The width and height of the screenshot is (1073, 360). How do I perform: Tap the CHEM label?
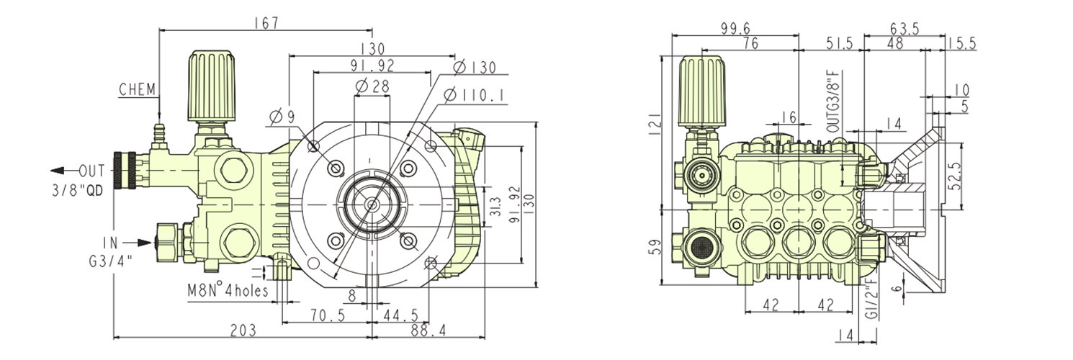pyautogui.click(x=137, y=90)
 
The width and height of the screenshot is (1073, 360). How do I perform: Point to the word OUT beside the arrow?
pyautogui.click(x=91, y=171)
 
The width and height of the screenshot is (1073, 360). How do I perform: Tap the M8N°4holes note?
pyautogui.click(x=228, y=291)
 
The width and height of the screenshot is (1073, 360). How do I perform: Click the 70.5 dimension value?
pyautogui.click(x=328, y=315)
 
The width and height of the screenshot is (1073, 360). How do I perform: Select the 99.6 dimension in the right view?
pyautogui.click(x=735, y=28)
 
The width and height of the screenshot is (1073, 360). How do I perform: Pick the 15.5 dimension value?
pyautogui.click(x=961, y=44)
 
